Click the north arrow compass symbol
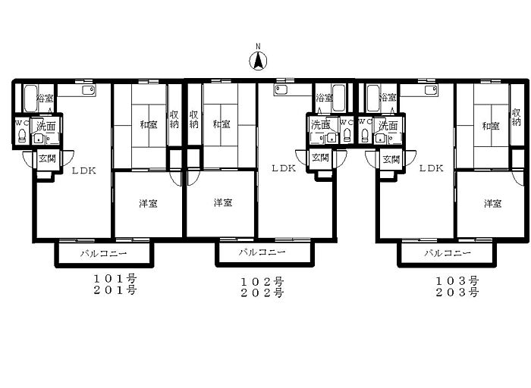point(258,61)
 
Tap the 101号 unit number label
point(115,279)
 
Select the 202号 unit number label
point(262,293)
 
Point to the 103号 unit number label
point(457,281)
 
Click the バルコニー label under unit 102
point(262,252)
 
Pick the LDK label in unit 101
point(84,171)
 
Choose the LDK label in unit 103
point(431,168)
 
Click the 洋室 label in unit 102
point(223,202)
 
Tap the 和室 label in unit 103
point(491,127)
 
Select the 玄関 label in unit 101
point(47,158)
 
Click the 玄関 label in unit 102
point(320,158)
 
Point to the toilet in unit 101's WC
point(22,136)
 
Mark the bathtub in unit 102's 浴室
point(338,98)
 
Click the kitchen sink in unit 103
point(431,90)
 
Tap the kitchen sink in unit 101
point(89,90)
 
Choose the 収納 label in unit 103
point(516,117)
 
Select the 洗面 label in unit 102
point(320,125)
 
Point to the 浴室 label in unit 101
point(45,99)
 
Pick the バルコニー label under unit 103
point(448,253)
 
